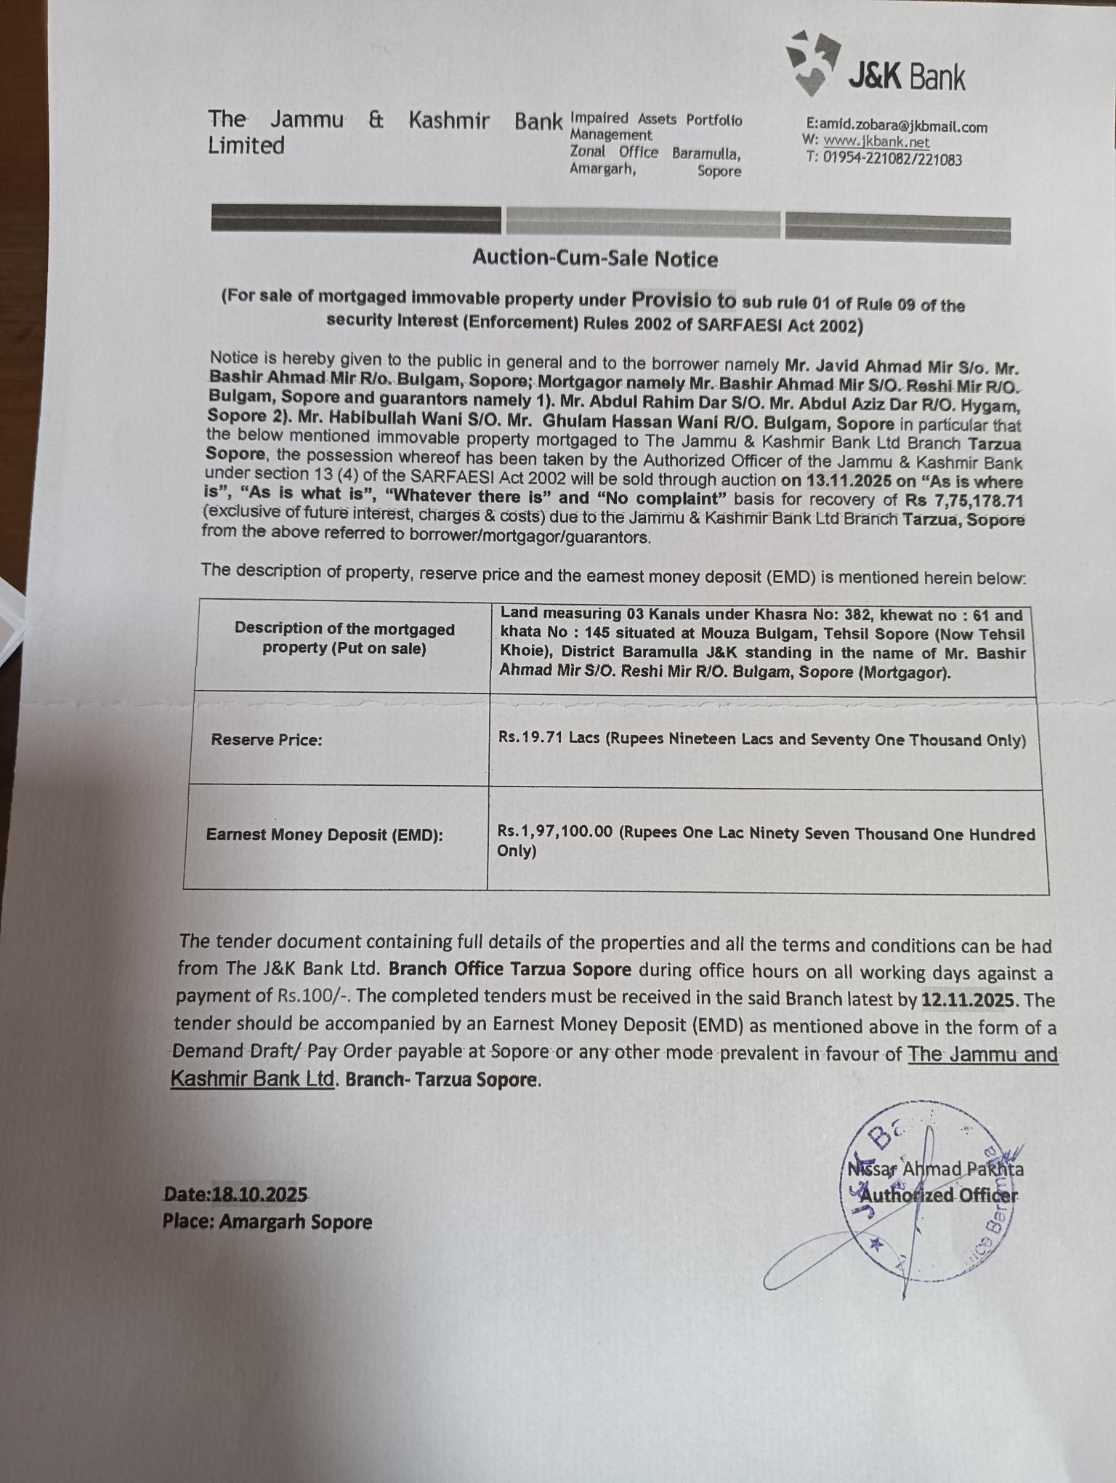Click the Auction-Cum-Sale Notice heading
pos(595,259)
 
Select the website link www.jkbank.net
pos(876,142)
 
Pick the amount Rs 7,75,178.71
pos(964,501)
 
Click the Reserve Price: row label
pos(267,740)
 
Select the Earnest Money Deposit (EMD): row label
pos(324,835)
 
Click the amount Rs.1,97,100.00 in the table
pos(555,831)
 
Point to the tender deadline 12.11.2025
pos(967,1000)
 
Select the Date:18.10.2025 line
pos(235,1194)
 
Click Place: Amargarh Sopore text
pos(267,1222)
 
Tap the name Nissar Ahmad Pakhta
pos(935,1170)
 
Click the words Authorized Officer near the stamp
pos(939,1196)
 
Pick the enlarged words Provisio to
pos(683,300)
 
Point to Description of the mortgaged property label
pos(344,638)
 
